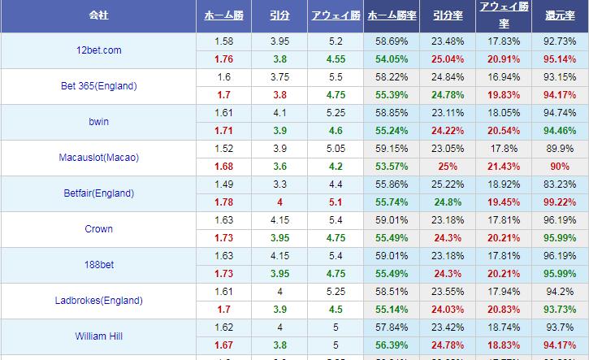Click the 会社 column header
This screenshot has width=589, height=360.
(x=98, y=15)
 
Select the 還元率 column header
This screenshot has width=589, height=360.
(x=561, y=15)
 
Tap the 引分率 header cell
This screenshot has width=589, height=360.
(x=447, y=15)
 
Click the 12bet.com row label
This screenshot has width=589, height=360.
(x=98, y=50)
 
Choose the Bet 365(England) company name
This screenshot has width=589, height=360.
(x=98, y=86)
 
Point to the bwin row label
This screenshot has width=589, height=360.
(x=98, y=122)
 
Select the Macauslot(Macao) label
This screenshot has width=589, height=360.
(x=98, y=158)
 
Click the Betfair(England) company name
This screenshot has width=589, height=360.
(x=98, y=193)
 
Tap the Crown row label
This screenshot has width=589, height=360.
(x=98, y=229)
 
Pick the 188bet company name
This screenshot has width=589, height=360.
(x=98, y=265)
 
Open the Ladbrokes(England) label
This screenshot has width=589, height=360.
(x=98, y=301)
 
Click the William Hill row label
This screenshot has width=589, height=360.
(x=98, y=336)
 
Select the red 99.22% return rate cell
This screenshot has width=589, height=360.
(x=561, y=202)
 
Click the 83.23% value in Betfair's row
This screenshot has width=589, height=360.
(x=561, y=184)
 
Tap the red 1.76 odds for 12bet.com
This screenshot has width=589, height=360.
(x=223, y=59)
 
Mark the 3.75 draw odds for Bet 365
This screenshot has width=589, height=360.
(x=279, y=77)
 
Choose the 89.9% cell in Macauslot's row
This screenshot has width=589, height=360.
(x=561, y=149)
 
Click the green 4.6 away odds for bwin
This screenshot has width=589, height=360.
(x=336, y=131)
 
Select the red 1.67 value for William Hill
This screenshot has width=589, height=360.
(x=223, y=345)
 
